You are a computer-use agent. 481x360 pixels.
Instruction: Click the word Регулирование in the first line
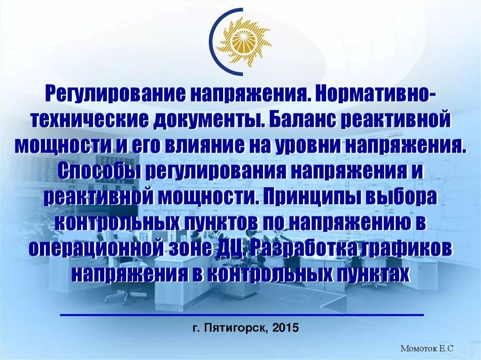tap(114, 94)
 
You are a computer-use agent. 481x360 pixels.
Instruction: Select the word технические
tap(90, 120)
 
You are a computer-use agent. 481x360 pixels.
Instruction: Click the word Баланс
tap(301, 120)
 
